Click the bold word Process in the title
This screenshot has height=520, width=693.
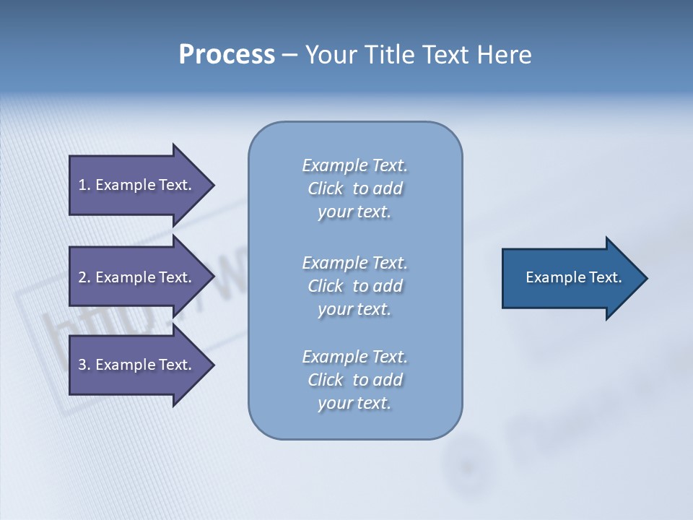point(227,55)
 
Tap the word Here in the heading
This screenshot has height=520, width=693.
point(505,55)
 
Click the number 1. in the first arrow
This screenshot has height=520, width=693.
point(84,185)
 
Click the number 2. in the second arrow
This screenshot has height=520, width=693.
point(84,277)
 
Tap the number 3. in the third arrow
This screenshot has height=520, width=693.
point(84,365)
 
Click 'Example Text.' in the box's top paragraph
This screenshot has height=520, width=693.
point(354,165)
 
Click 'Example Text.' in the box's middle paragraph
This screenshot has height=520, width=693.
point(354,263)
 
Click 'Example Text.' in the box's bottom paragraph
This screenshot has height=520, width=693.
point(354,357)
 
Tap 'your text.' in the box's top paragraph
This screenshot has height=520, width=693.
point(354,212)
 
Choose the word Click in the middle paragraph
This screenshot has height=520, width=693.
point(325,286)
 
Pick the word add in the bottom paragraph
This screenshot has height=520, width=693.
point(388,380)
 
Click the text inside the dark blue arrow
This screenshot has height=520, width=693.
point(573,277)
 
